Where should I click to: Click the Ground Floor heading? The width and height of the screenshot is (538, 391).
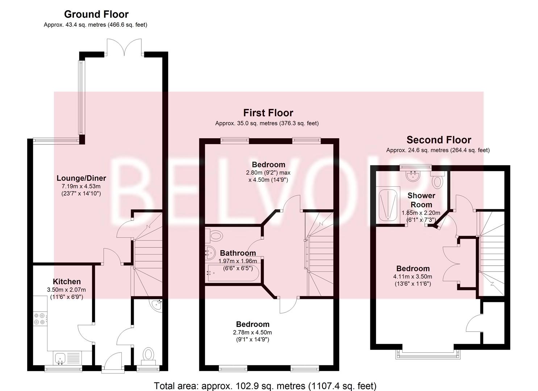96,14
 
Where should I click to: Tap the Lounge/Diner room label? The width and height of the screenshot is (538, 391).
81,178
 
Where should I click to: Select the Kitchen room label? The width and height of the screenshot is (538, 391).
67,282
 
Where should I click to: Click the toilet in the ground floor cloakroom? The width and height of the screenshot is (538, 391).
148,354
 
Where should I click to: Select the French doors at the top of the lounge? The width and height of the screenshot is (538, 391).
124,49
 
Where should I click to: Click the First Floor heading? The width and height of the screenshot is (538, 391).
268,113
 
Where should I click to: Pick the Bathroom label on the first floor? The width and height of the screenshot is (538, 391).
238,253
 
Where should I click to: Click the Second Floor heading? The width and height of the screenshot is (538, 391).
439,140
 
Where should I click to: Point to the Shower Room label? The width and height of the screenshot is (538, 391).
421,200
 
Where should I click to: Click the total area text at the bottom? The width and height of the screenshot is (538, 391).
265,386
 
